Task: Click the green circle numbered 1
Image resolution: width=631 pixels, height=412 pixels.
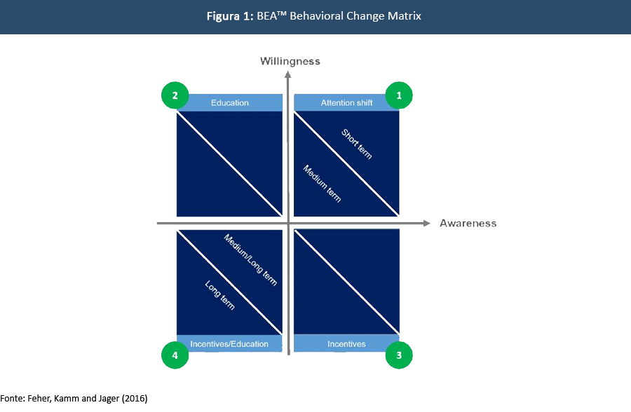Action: click(399, 95)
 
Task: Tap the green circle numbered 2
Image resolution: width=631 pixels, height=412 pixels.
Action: click(175, 95)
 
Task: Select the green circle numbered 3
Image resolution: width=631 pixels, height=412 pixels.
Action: click(399, 355)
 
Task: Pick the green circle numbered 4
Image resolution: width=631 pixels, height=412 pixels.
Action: click(175, 355)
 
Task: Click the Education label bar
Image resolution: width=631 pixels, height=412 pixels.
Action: click(229, 103)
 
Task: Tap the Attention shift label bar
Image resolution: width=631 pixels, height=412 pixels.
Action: click(346, 103)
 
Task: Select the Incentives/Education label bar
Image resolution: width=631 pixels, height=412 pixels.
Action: click(229, 344)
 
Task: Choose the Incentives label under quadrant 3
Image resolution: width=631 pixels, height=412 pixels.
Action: click(346, 344)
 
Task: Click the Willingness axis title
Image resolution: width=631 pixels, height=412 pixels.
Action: click(290, 61)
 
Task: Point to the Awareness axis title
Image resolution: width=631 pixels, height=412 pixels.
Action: click(468, 224)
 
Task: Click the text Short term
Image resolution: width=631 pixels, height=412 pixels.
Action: click(356, 144)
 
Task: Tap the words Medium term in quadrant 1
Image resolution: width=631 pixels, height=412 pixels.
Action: click(321, 184)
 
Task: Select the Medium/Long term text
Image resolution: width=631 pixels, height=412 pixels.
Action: click(250, 259)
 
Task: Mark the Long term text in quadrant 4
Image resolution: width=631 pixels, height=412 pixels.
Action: click(219, 295)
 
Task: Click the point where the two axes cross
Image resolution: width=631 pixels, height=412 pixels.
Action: click(288, 224)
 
